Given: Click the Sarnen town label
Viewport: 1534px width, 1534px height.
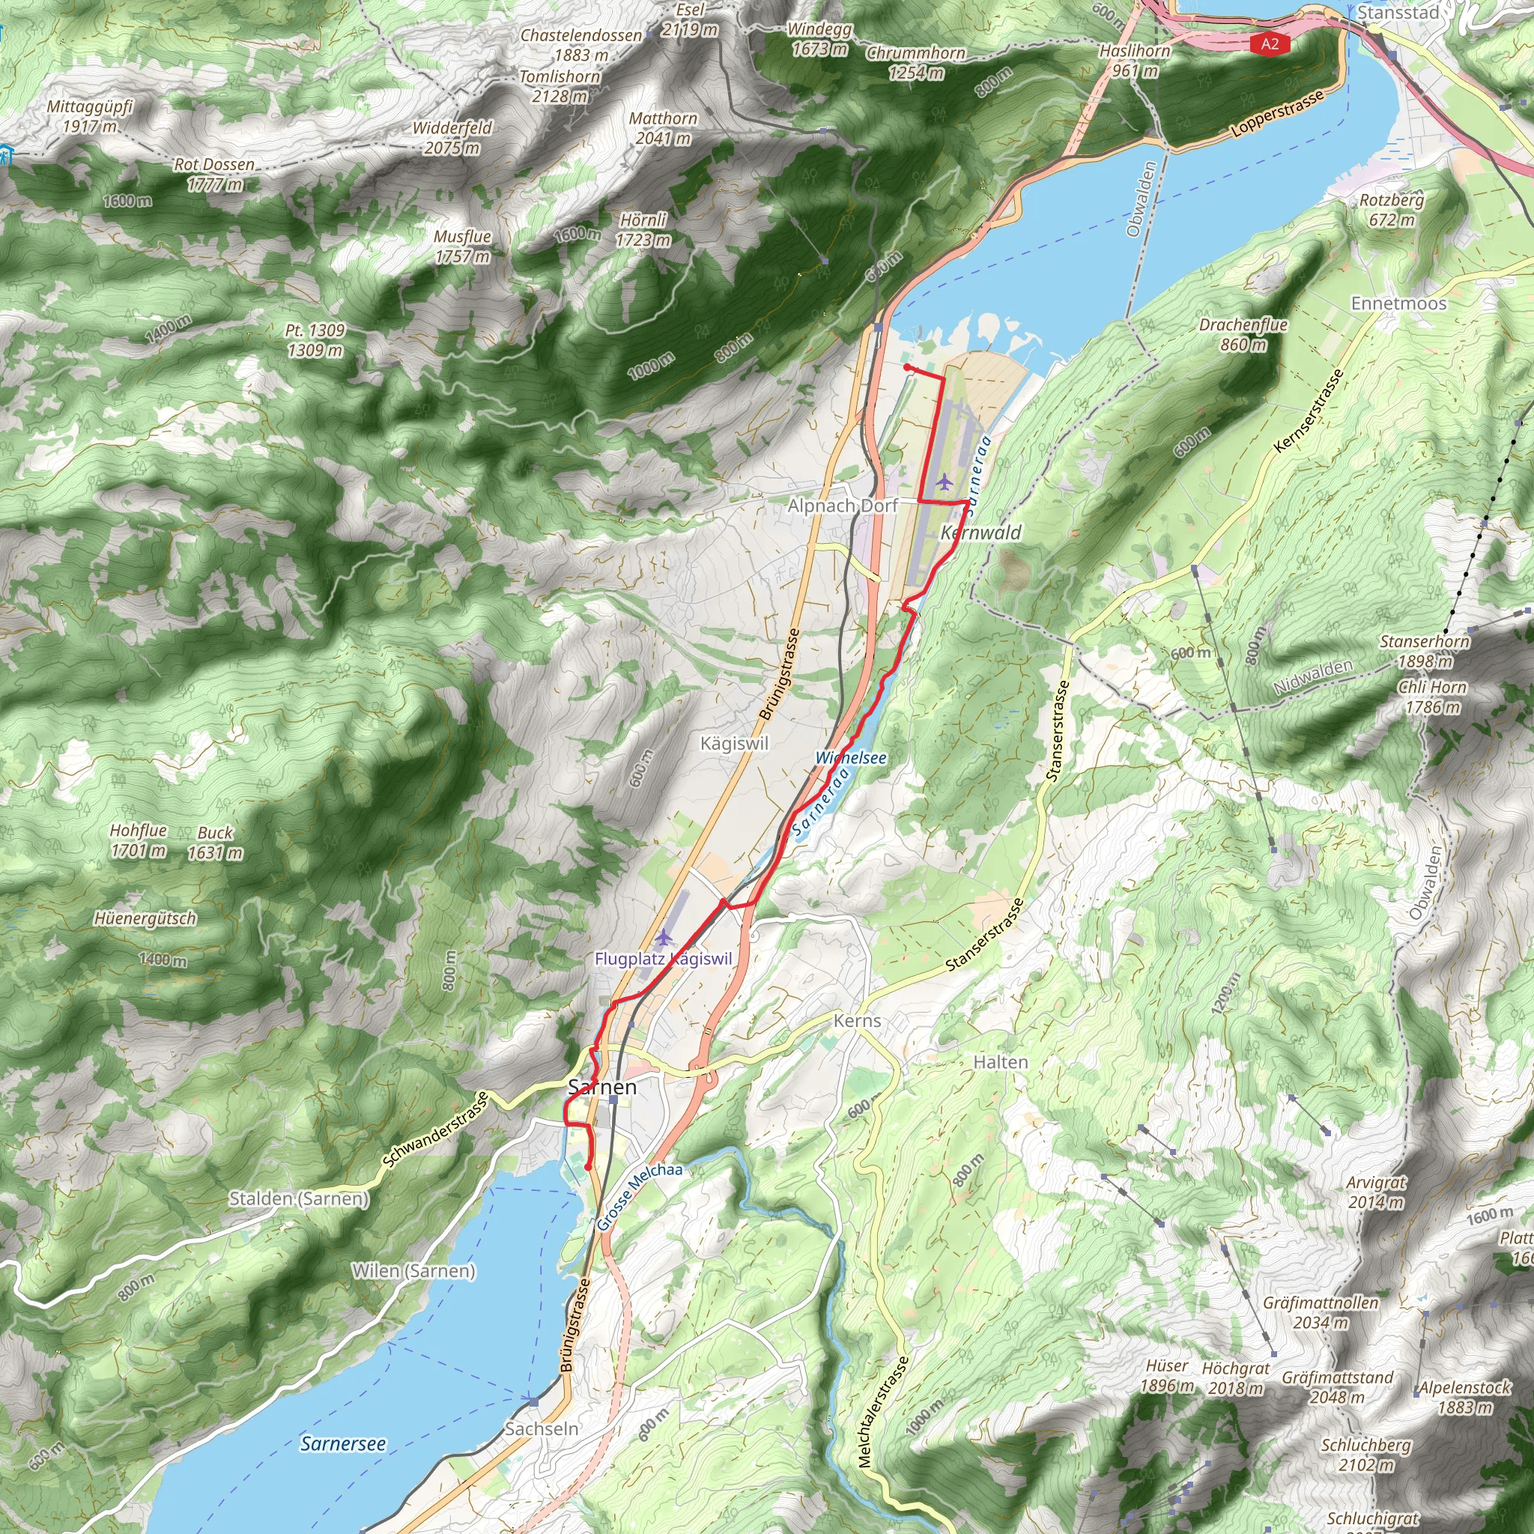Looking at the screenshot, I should [x=603, y=1087].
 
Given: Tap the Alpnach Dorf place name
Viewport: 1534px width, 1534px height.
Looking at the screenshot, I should [x=843, y=506].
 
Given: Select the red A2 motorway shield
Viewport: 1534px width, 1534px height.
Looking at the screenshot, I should [x=1270, y=43].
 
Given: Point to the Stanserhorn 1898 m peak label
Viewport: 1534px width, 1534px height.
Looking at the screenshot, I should [x=1425, y=651].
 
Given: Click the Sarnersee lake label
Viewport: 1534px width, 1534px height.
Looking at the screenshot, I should [x=343, y=1443].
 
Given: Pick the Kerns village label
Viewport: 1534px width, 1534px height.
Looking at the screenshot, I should [x=857, y=1021].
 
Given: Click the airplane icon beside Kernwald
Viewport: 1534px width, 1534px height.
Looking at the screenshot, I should [x=943, y=481].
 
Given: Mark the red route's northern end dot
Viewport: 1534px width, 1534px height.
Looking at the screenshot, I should [x=907, y=368].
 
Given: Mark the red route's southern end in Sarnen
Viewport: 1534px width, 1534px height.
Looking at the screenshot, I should [x=587, y=1167].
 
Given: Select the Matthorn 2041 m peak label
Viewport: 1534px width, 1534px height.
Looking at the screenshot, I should [x=663, y=129].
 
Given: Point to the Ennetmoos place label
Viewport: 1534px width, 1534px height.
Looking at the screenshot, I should [x=1398, y=303].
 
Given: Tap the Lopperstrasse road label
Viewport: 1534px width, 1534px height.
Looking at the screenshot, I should [x=1278, y=114].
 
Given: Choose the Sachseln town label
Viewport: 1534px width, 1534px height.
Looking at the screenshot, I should [x=542, y=1428].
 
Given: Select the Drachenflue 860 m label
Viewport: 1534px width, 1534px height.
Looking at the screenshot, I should [x=1243, y=334].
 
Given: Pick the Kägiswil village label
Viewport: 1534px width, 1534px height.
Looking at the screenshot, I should [x=735, y=743].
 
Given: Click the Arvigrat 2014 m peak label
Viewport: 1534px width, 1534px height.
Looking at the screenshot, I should [x=1376, y=1192].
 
